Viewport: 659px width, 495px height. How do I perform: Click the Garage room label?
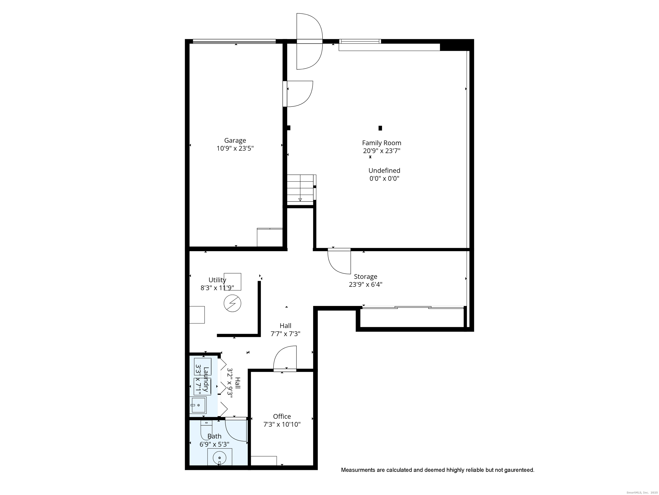(235, 141)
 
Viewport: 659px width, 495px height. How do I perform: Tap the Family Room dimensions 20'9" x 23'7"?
(381, 151)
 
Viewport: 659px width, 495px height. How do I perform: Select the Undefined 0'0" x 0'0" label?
(384, 174)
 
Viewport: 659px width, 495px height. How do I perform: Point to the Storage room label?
(365, 277)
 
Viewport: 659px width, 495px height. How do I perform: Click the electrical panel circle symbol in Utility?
(232, 304)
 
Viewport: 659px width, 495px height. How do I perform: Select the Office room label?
(282, 416)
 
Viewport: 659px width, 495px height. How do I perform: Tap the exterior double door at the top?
(309, 41)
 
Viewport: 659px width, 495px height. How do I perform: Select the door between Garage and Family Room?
(298, 94)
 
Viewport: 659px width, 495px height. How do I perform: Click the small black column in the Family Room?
(380, 128)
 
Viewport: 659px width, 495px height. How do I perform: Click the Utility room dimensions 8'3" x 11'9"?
(217, 288)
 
